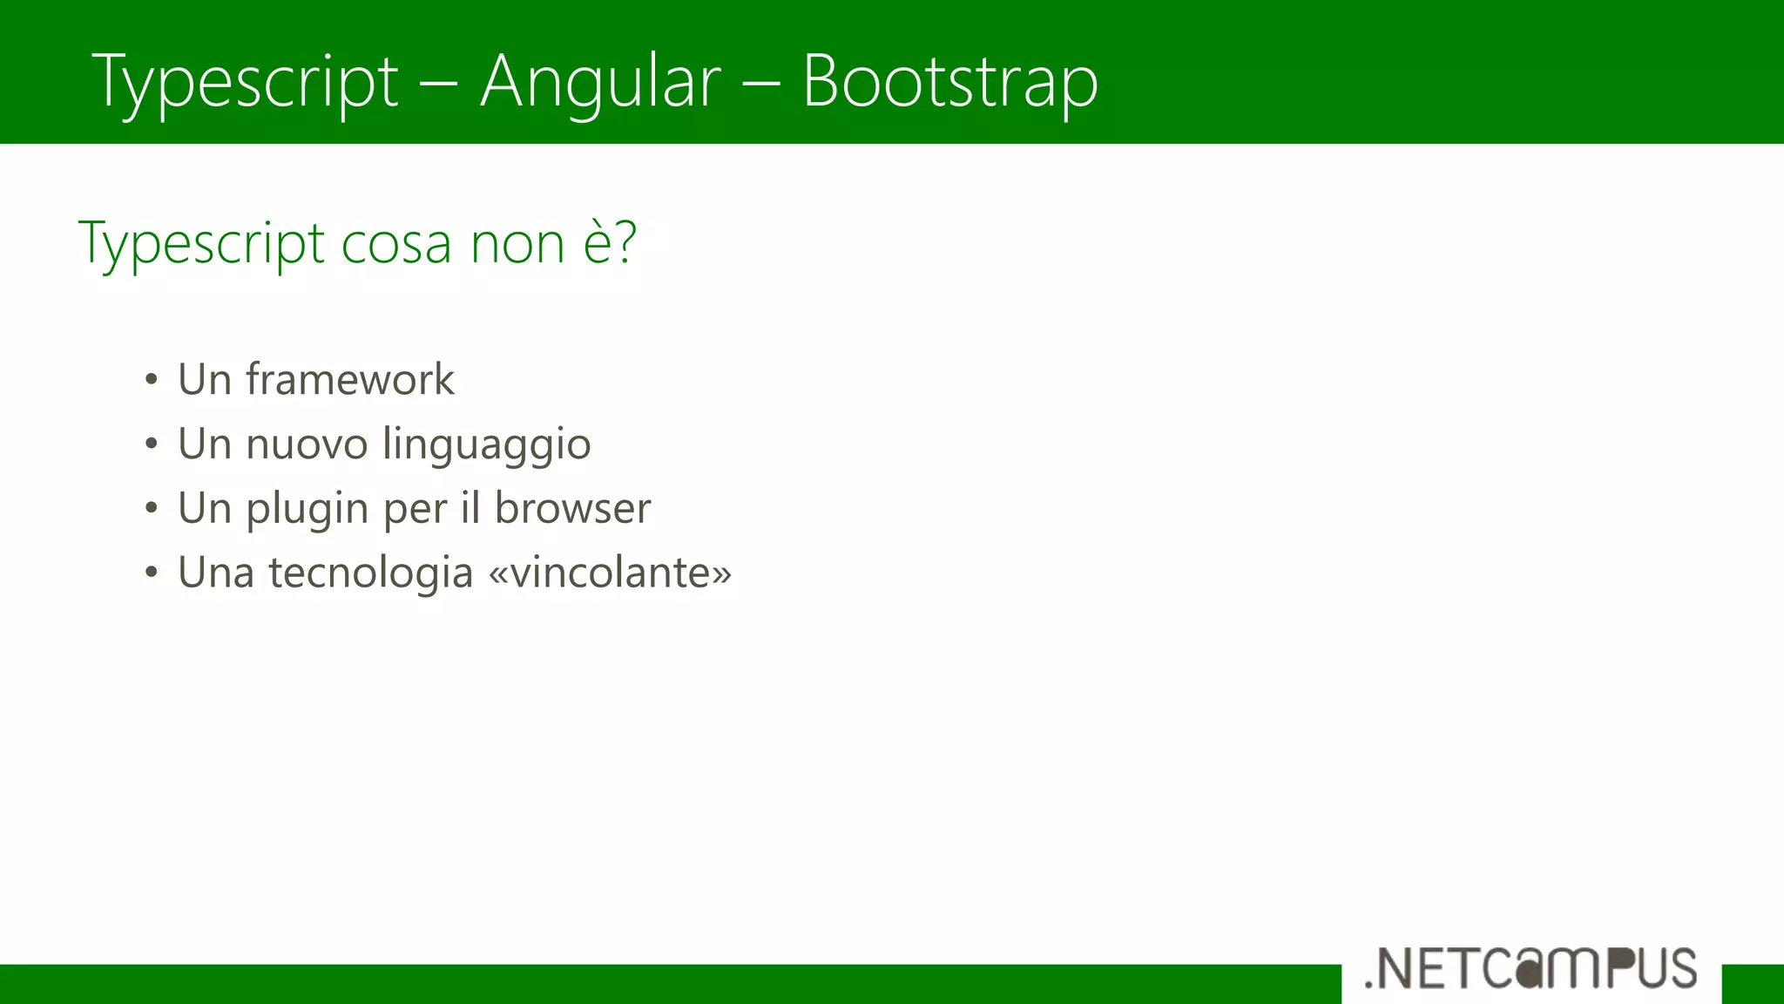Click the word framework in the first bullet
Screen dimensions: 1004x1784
(x=349, y=379)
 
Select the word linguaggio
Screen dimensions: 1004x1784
(x=487, y=445)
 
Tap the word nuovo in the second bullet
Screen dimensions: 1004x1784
(x=307, y=444)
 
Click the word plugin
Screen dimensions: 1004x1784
(x=307, y=510)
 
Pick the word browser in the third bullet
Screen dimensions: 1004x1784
(x=572, y=508)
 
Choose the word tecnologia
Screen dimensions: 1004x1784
(x=370, y=573)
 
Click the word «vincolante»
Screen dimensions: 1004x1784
(x=610, y=573)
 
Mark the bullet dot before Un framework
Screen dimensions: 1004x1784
(x=152, y=380)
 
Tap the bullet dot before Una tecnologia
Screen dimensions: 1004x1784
(x=152, y=573)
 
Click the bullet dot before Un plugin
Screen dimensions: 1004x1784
(x=152, y=508)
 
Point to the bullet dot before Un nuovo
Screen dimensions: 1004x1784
(x=152, y=444)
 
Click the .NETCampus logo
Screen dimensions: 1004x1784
(x=1531, y=968)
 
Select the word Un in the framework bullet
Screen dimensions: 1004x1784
(x=204, y=379)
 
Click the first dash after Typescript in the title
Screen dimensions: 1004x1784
(x=439, y=83)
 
